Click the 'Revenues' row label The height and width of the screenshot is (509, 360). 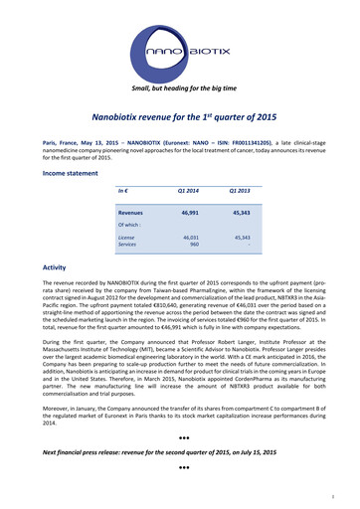130,213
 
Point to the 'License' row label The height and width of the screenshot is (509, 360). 126,239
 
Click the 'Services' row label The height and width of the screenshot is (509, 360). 127,246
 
